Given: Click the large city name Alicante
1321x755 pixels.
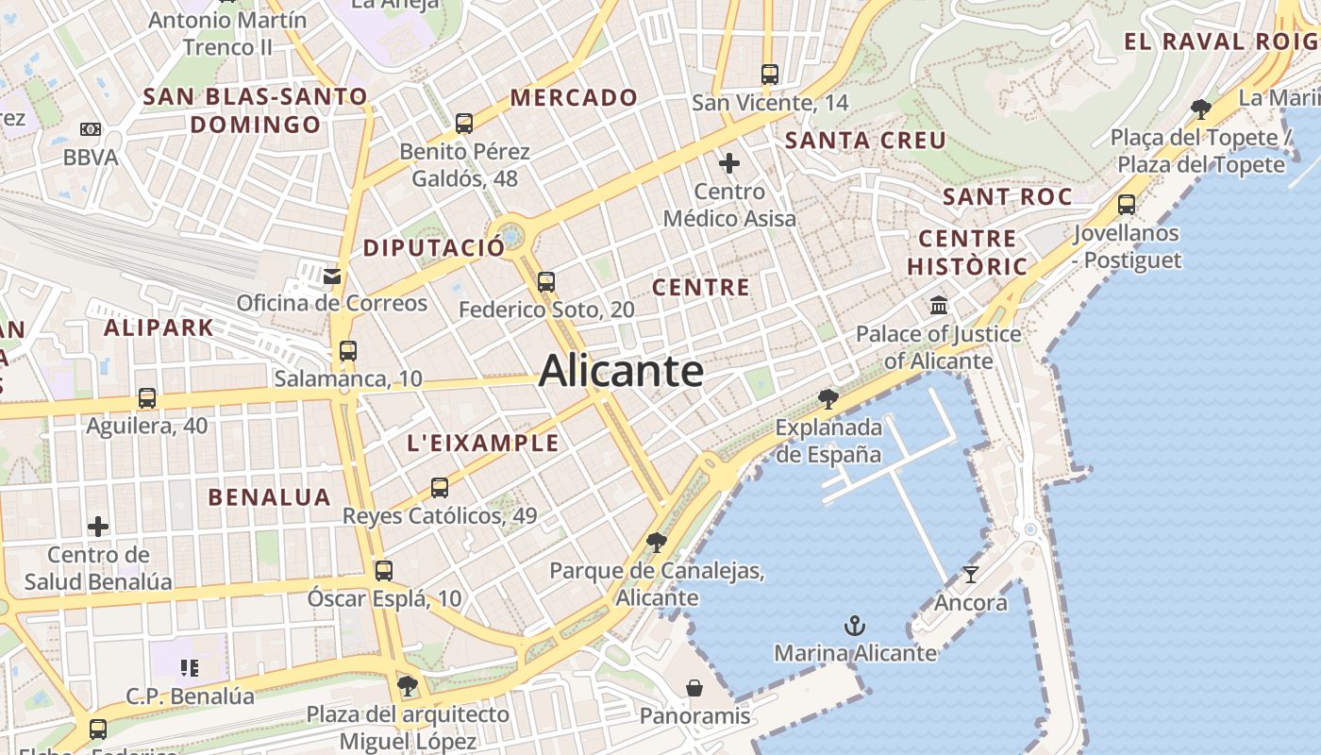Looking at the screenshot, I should [x=621, y=371].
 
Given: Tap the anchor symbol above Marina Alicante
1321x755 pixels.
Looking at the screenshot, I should [x=854, y=626].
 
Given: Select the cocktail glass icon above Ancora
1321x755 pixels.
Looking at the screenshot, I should [x=971, y=574].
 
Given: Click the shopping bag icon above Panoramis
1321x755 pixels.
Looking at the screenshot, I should [x=694, y=688].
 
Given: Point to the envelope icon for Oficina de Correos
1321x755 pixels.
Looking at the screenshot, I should [x=332, y=277].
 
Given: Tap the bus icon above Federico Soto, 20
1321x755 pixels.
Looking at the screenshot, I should [x=545, y=281].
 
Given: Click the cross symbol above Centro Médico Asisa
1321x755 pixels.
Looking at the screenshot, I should [x=729, y=164].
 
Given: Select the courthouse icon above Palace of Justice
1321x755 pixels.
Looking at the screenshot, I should [x=939, y=306].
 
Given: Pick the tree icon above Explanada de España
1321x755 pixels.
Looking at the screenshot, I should [x=828, y=398].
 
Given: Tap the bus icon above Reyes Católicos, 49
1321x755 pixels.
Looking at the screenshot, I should [x=440, y=488].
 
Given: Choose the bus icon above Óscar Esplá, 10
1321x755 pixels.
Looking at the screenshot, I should [x=383, y=570].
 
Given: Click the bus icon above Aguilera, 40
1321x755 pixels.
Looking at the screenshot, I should [x=147, y=397].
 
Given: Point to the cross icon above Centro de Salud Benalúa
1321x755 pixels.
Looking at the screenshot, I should [x=98, y=526].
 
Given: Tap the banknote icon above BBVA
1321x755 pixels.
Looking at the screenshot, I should [x=91, y=129].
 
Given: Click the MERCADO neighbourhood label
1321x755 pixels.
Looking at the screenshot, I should [x=574, y=97].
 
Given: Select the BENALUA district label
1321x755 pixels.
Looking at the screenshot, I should [x=269, y=497].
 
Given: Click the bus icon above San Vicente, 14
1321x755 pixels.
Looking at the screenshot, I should [x=770, y=74].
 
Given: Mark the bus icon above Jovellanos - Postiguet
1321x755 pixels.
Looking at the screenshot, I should [x=1127, y=204].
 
